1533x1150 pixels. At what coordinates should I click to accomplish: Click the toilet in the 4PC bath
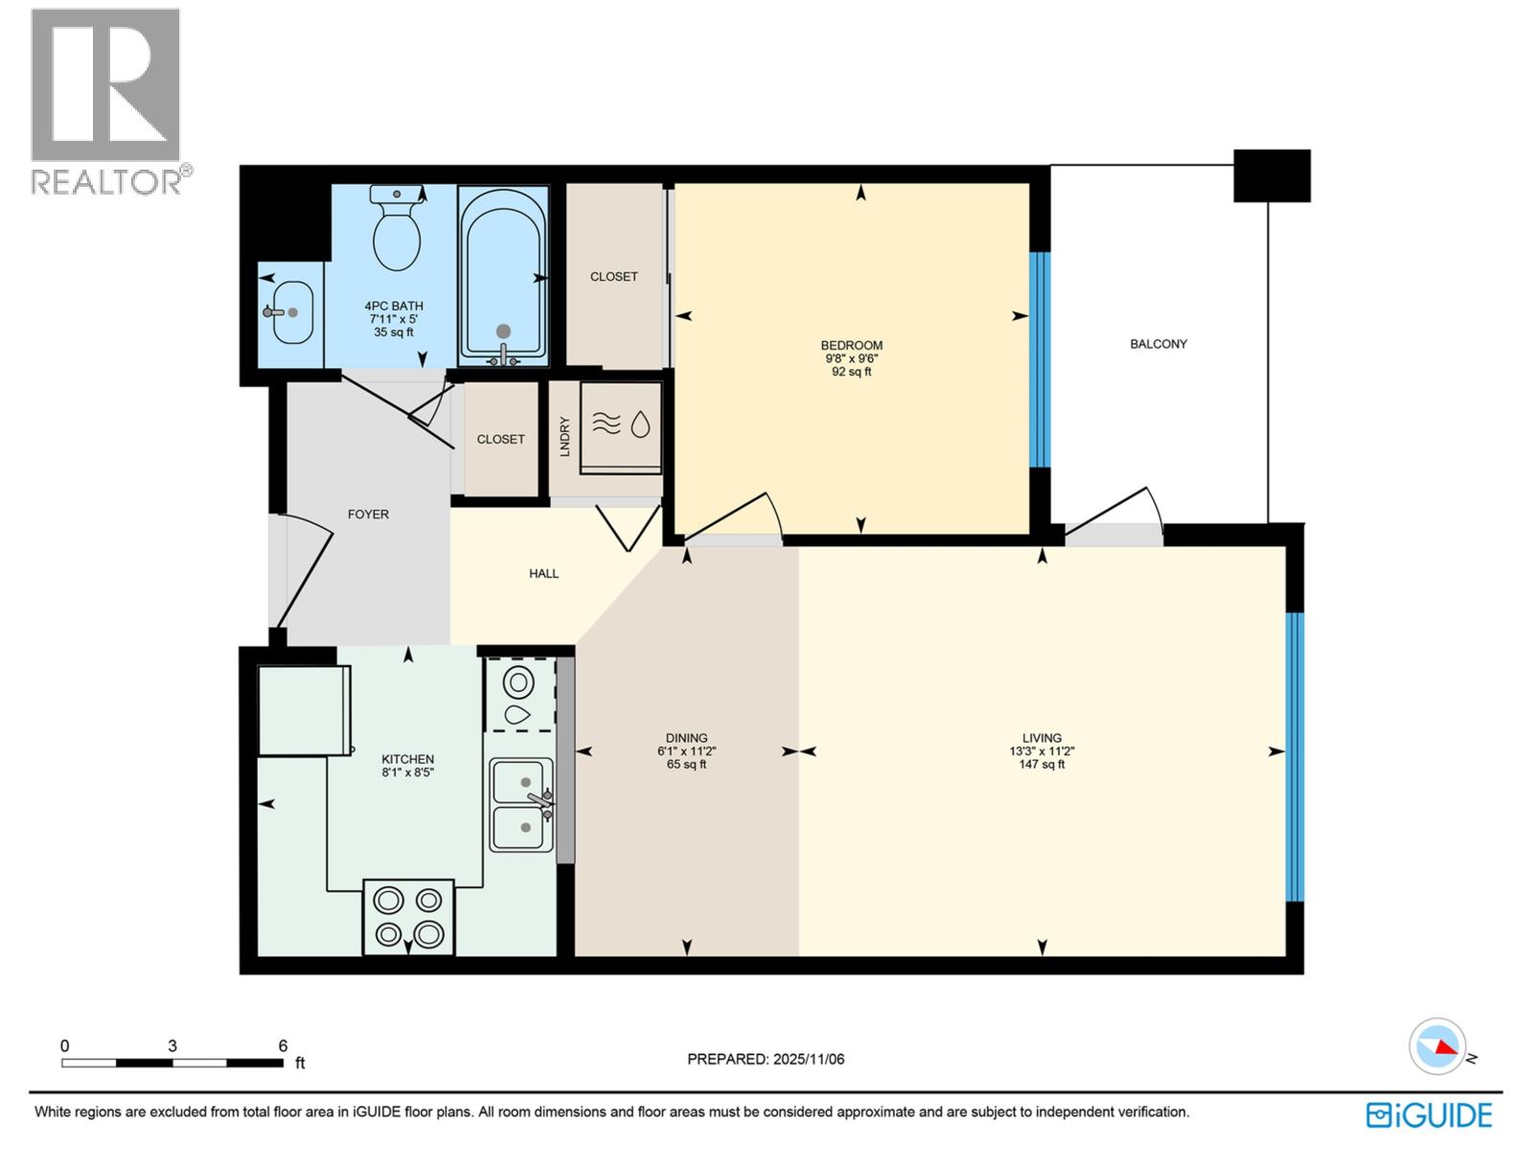397,230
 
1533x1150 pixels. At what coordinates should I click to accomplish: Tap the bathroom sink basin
291,312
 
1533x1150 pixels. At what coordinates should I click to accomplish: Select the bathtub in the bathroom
503,276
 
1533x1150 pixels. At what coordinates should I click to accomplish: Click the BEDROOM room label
851,346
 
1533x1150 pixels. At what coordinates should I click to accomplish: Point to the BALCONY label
1157,344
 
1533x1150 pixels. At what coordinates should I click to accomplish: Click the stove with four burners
408,916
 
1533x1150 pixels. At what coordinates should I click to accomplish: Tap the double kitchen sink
521,804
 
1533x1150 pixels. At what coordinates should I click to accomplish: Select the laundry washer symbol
621,424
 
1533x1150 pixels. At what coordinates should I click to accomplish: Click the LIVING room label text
1041,739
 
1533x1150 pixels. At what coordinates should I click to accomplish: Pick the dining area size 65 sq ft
686,765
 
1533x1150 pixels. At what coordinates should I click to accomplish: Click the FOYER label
368,515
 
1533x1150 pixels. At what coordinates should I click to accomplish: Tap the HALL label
543,574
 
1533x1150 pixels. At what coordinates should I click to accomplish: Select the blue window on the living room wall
1294,757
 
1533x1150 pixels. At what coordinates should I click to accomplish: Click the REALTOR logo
106,101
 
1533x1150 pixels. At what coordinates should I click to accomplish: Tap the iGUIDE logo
1429,1115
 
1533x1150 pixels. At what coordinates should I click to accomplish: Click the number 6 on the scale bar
283,1046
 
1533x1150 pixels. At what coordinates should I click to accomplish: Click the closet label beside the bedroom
613,277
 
